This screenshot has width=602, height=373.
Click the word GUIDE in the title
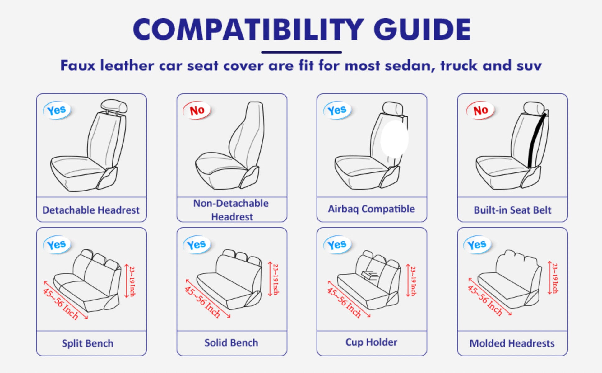422,29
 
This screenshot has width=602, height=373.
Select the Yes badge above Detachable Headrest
57,110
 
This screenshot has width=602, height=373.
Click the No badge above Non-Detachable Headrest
197,110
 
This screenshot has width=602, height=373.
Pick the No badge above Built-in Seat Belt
480,110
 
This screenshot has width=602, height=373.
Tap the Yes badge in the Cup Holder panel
337,244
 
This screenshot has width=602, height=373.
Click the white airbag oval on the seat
394,139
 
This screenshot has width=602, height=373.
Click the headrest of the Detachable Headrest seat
114,106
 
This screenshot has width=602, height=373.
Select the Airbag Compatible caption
371,209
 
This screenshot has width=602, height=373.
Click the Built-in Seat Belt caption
512,210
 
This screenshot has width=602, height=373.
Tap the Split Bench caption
88,343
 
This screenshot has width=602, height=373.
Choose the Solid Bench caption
231,342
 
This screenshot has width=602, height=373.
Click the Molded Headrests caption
512,343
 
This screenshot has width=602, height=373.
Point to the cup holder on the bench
369,274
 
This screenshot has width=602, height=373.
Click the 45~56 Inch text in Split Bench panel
60,304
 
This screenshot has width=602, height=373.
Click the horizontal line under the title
301,52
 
